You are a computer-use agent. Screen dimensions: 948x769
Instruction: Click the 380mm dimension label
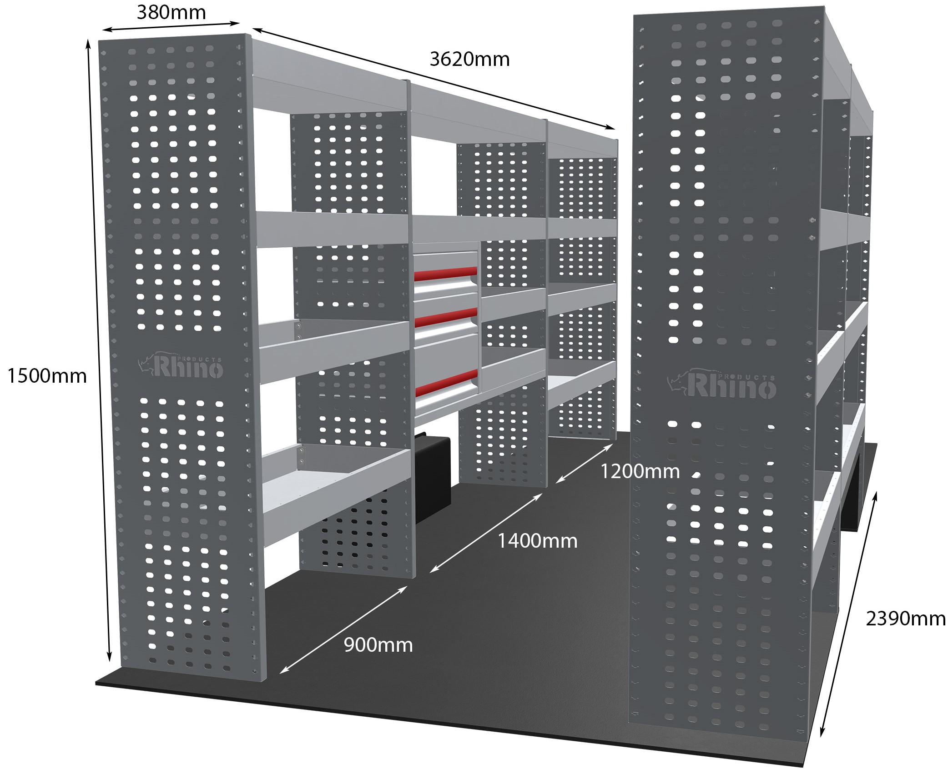[171, 12]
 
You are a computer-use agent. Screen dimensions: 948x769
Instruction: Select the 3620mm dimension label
[469, 60]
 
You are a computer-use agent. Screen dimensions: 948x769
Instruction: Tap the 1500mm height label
[47, 376]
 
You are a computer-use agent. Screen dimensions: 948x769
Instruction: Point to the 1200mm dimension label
[640, 471]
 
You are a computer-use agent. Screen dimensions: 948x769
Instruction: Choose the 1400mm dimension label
[537, 541]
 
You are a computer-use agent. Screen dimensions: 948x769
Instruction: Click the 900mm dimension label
[378, 645]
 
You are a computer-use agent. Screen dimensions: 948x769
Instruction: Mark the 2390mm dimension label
[906, 619]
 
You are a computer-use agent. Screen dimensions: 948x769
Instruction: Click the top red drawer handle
[445, 274]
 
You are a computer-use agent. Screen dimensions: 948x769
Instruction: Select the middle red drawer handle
[446, 316]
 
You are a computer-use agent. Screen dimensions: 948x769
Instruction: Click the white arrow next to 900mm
[343, 630]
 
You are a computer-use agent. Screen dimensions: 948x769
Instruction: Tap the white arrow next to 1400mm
[485, 533]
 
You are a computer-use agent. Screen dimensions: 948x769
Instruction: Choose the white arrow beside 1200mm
[584, 464]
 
